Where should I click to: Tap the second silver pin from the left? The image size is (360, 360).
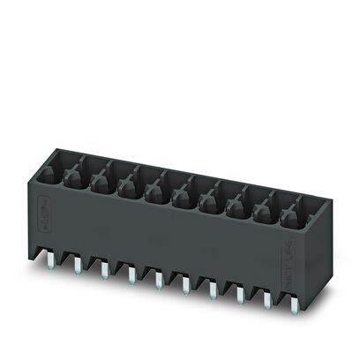click(x=78, y=266)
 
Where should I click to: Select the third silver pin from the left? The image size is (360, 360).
click(x=103, y=271)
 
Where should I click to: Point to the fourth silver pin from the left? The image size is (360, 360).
click(x=131, y=276)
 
